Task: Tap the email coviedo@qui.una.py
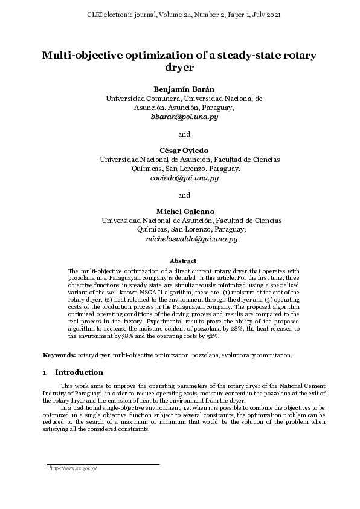[184, 178]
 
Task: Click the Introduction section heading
[79, 372]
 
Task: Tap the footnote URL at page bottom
[74, 468]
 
